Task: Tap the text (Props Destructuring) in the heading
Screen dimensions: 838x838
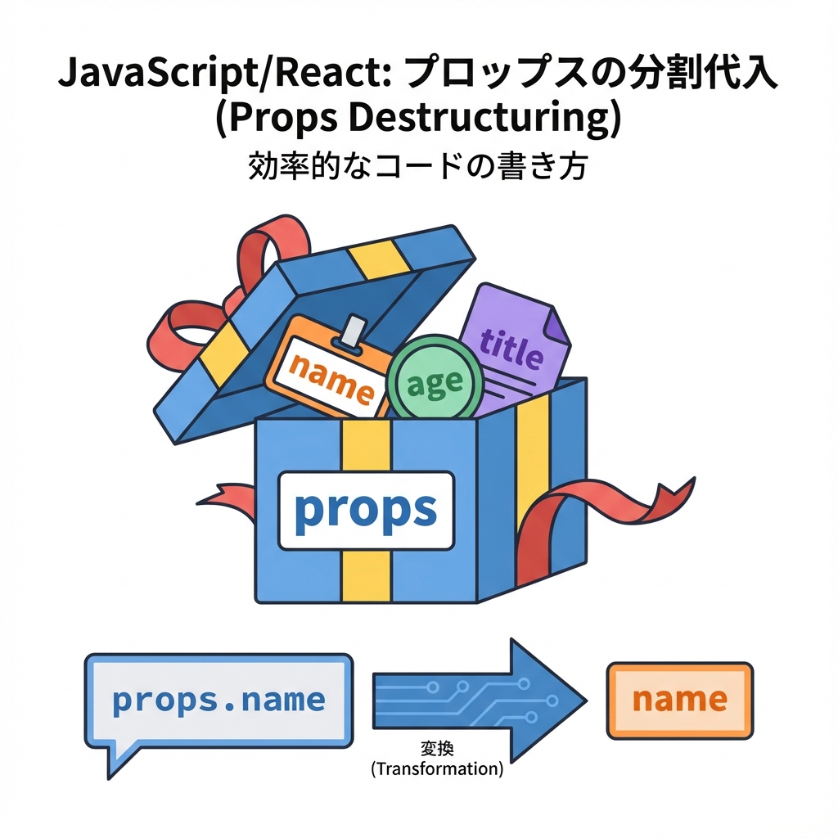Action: tap(417, 119)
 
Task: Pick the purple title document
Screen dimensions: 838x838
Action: tap(511, 348)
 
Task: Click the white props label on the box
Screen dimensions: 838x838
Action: tap(366, 510)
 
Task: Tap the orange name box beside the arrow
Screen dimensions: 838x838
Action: tap(679, 700)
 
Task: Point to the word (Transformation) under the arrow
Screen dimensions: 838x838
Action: tap(436, 768)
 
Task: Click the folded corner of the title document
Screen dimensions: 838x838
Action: tap(557, 327)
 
